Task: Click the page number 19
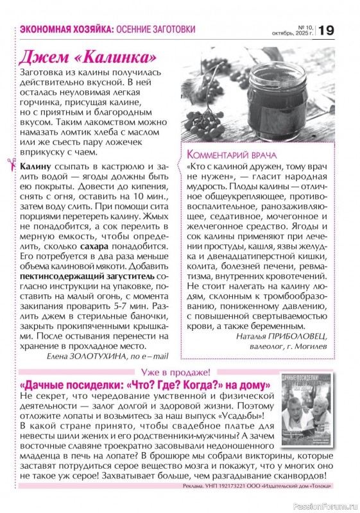click(326, 30)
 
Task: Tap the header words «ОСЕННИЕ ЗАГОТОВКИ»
click(157, 30)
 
